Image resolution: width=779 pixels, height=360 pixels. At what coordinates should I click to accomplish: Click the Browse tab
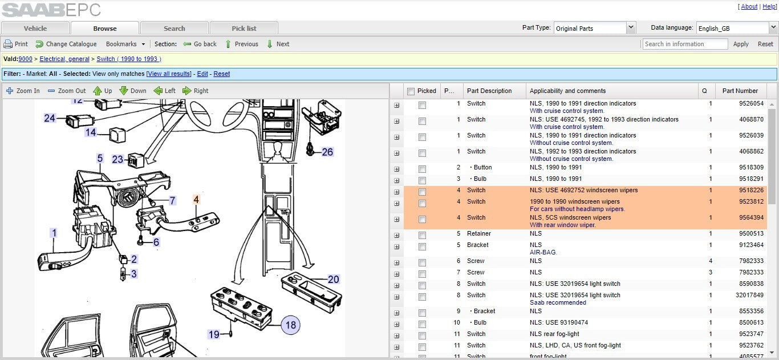coord(105,28)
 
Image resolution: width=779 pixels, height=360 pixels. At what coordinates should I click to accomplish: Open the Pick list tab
coord(244,28)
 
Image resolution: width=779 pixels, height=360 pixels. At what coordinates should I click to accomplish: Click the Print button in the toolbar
coord(15,44)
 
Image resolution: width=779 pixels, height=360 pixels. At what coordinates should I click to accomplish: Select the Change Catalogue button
coord(66,44)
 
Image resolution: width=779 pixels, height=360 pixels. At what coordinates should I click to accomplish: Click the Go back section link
coord(200,44)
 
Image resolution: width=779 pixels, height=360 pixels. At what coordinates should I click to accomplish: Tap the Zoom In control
coord(23,91)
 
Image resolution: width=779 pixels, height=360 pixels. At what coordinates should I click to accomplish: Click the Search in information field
coord(685,44)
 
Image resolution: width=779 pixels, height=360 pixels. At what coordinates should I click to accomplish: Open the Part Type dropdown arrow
coord(631,27)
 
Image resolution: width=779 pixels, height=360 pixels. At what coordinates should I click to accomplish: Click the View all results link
coord(169,74)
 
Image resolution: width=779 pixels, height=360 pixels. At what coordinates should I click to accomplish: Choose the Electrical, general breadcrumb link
coord(64,59)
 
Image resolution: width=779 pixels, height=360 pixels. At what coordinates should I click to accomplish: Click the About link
coord(749,6)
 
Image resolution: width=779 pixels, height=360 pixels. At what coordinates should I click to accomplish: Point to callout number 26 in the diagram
coord(327,152)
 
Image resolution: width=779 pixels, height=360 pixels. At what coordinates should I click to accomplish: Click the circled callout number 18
coord(290,325)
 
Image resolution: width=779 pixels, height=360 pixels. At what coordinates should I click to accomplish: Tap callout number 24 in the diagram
coord(50,118)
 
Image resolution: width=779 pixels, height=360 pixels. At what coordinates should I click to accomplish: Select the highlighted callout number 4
coord(196,199)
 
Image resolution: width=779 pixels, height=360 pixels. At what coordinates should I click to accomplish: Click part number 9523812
coord(751,201)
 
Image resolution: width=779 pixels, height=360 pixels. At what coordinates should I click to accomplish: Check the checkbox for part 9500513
coord(422,235)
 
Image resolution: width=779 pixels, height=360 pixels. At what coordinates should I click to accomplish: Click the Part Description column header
coord(489,91)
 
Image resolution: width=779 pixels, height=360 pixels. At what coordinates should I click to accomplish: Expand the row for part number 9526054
coord(396,106)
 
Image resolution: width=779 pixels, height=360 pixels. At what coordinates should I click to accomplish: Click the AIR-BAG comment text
coord(543,252)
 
